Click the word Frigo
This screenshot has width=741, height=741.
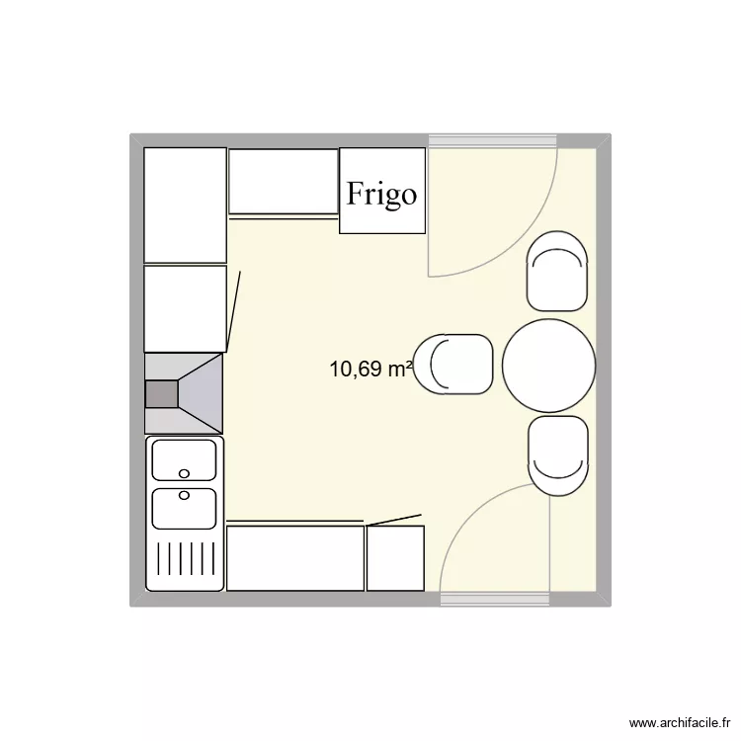click(x=381, y=194)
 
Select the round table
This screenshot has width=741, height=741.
click(x=548, y=366)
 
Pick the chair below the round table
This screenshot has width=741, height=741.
click(x=558, y=454)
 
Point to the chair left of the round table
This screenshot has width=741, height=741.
click(x=453, y=365)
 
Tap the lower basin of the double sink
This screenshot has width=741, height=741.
click(x=184, y=508)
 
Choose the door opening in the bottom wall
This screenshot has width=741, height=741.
click(x=494, y=599)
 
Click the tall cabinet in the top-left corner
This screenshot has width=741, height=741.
click(x=185, y=206)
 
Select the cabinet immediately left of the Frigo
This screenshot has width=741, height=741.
click(x=284, y=181)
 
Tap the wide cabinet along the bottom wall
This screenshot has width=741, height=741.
click(x=295, y=558)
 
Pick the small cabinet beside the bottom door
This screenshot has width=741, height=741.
click(x=395, y=558)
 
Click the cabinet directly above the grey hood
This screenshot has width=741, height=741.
click(x=185, y=308)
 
